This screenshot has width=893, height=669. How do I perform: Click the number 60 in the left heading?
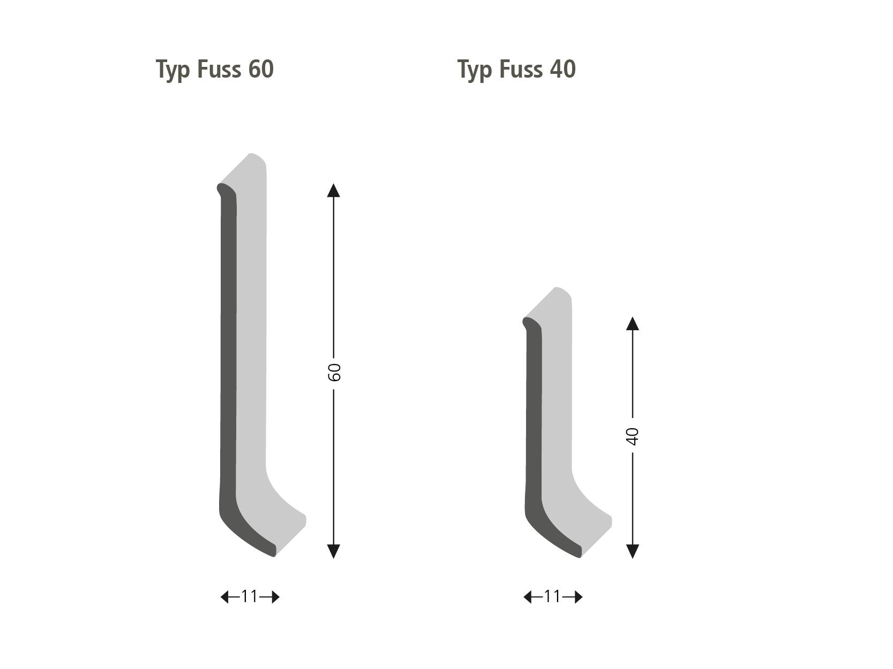pos(261,69)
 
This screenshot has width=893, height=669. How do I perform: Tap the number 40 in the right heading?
pos(562,69)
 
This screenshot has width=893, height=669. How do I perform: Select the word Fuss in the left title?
pos(219,69)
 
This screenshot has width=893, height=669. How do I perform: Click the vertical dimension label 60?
pos(334,372)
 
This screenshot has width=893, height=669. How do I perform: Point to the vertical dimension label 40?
pos(633,437)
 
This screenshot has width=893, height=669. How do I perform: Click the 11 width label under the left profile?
pos(250,597)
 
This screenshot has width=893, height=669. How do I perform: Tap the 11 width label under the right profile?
pos(552,597)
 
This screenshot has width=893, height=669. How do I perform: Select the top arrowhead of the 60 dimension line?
pos(334,190)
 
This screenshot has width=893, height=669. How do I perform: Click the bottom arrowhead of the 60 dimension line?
pos(334,551)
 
